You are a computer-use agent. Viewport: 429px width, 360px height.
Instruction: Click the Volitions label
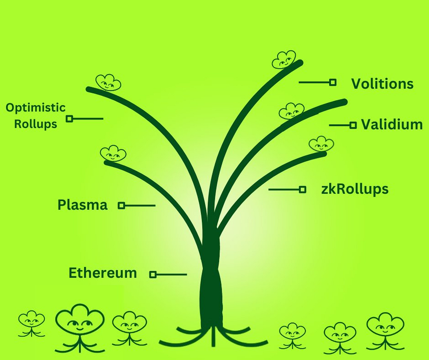(x=382, y=84)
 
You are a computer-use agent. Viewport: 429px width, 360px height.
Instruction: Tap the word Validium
(x=392, y=124)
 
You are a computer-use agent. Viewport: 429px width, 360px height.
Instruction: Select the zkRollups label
(x=355, y=190)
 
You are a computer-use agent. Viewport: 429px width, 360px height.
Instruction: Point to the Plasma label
(x=82, y=205)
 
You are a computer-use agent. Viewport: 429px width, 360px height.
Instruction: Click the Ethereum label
(x=103, y=273)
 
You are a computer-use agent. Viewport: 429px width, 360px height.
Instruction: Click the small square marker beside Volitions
(x=333, y=82)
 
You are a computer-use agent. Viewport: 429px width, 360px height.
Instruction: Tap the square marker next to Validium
(x=353, y=125)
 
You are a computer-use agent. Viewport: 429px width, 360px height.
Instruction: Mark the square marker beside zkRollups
(x=302, y=189)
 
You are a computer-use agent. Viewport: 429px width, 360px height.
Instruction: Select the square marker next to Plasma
(x=121, y=206)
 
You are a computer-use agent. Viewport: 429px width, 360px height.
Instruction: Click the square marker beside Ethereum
(x=153, y=274)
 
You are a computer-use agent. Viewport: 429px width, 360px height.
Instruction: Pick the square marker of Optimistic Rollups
(x=70, y=119)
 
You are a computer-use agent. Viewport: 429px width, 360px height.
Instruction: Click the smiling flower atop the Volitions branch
(x=284, y=60)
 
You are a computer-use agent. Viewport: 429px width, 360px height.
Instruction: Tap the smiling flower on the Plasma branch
(x=113, y=153)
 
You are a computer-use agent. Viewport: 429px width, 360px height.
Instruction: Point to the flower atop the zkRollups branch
(x=321, y=144)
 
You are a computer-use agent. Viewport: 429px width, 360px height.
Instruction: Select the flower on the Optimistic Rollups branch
(x=108, y=83)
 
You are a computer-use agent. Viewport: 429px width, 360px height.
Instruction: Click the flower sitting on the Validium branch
(x=291, y=111)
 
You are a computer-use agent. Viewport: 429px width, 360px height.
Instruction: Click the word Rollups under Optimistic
(x=36, y=124)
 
